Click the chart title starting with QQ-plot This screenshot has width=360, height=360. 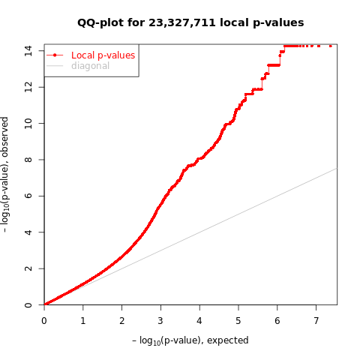[x=190, y=22]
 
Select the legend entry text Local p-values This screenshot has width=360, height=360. [x=103, y=55]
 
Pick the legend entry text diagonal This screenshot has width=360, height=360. [x=90, y=66]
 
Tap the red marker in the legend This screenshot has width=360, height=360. [x=55, y=55]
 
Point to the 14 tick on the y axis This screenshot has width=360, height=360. [x=28, y=50]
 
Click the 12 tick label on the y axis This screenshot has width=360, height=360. [x=28, y=87]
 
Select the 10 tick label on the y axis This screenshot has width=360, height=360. [x=28, y=123]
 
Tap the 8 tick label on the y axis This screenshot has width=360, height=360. [x=28, y=160]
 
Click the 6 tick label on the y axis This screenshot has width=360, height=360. [x=28, y=196]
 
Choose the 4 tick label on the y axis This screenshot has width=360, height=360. [x=28, y=232]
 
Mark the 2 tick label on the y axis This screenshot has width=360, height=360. [x=28, y=268]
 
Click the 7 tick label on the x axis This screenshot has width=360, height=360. [x=316, y=320]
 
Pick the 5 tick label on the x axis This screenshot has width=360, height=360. [x=238, y=320]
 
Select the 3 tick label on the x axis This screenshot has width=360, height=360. [x=160, y=320]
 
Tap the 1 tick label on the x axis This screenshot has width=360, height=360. [x=82, y=320]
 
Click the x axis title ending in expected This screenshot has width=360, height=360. [x=190, y=340]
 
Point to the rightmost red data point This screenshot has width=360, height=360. [x=330, y=46]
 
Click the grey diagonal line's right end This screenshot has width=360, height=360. [x=336, y=168]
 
